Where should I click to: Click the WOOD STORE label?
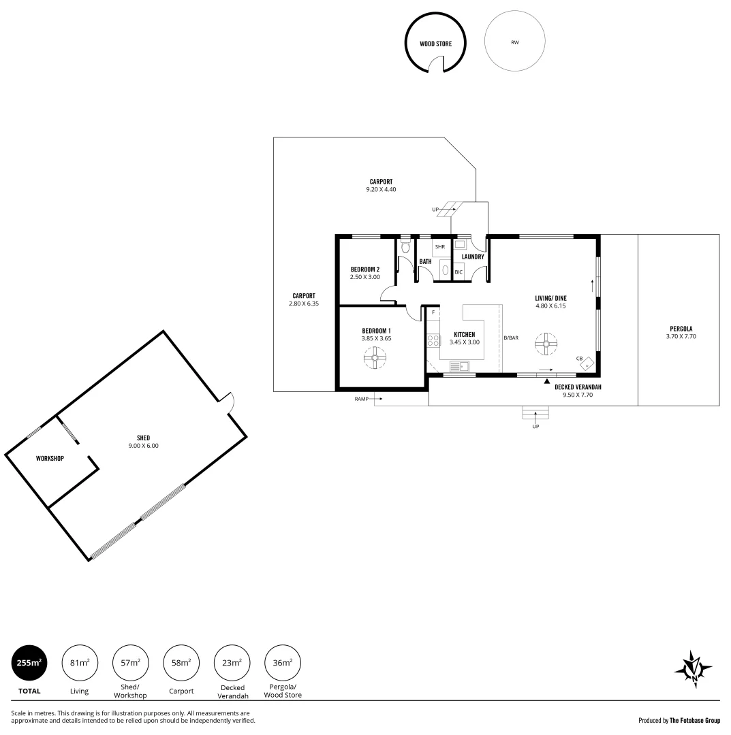coord(435,44)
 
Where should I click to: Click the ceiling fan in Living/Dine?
coord(545,344)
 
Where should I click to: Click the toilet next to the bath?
coord(405,248)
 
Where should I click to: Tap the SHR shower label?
coord(439,246)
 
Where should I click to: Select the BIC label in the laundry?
coord(458,272)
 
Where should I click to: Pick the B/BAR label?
coord(511,338)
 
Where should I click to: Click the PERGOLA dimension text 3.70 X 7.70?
coord(681,336)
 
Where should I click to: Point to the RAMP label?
coord(361,399)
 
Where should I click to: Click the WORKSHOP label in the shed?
coord(50,458)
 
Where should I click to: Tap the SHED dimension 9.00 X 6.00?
coord(143,446)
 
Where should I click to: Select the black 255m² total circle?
coord(29,663)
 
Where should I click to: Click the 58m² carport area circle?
coord(181,663)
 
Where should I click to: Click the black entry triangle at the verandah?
coord(546,382)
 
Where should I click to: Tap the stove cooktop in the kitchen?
coord(433,340)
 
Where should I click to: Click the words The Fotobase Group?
coord(694,720)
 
